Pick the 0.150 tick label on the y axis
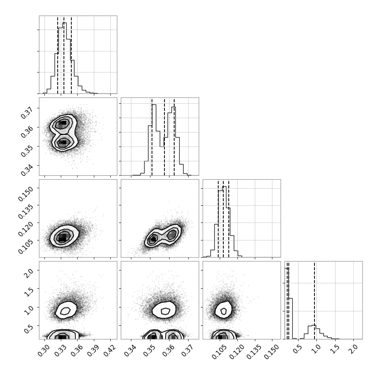pos(25,193)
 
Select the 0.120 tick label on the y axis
pos(25,228)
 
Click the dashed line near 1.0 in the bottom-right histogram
pos(314,300)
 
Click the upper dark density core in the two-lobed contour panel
pos(62,123)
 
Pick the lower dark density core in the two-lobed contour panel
pos(62,143)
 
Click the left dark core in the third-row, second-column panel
pos(153,239)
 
